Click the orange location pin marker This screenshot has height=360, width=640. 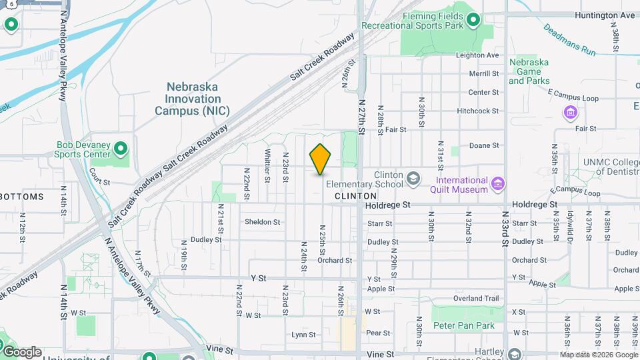click(x=321, y=159)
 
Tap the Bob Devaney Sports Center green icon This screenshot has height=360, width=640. click(x=121, y=147)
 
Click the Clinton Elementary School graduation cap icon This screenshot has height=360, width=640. click(x=413, y=178)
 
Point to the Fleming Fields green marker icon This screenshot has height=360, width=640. click(x=473, y=20)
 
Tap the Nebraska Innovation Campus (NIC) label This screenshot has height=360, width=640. click(x=192, y=99)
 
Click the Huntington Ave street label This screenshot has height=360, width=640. click(x=605, y=15)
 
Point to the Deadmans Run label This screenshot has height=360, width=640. click(x=569, y=40)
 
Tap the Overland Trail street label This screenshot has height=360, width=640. click(x=476, y=299)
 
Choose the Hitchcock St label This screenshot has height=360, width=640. click(x=478, y=111)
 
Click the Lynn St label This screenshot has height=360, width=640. click(x=303, y=335)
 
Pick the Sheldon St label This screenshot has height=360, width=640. click(x=262, y=222)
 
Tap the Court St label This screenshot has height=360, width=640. click(x=99, y=181)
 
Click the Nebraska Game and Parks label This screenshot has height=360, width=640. click(x=529, y=71)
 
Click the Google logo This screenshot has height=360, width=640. click(x=22, y=352)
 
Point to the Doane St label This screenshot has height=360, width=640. click(x=484, y=145)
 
